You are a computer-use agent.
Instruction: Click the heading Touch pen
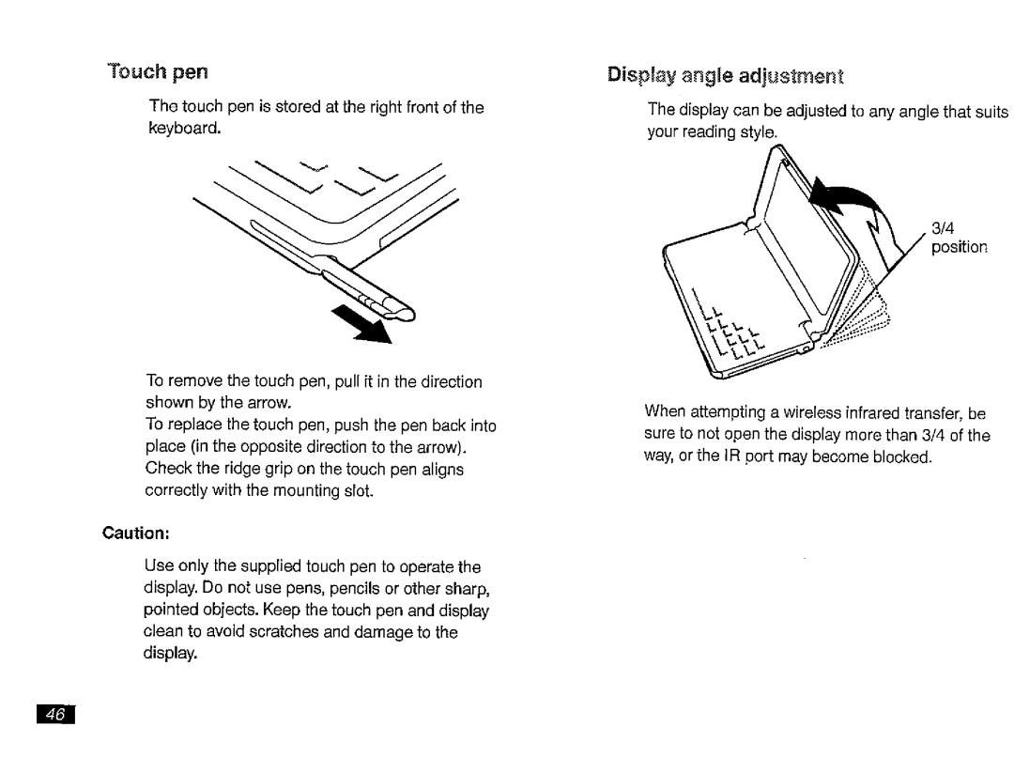pyautogui.click(x=158, y=72)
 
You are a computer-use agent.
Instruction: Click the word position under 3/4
pyautogui.click(x=959, y=247)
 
